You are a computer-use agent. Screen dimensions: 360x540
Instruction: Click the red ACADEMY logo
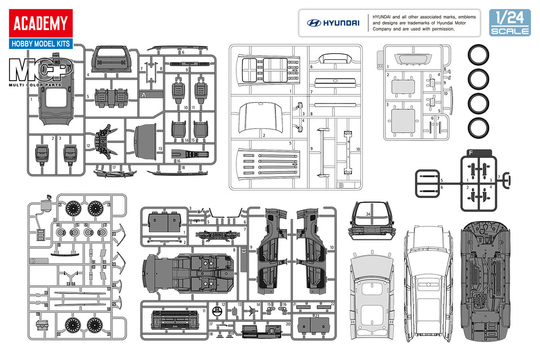40,23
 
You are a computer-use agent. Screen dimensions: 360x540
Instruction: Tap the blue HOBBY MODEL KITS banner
40,44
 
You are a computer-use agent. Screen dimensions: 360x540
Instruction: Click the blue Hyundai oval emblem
313,23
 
